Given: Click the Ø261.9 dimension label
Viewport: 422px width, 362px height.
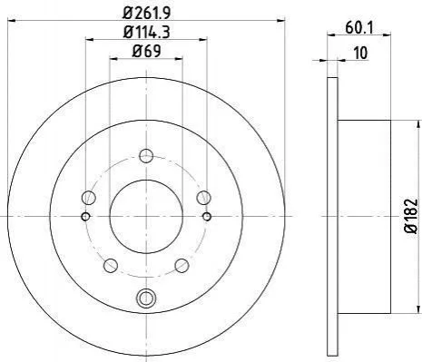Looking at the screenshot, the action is coord(147,13).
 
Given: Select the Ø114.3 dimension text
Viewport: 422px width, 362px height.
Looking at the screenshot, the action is coord(146,32).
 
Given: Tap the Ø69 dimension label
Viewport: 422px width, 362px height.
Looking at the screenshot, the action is coord(146,51).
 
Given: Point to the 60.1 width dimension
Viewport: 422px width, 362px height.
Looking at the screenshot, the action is coord(359,28).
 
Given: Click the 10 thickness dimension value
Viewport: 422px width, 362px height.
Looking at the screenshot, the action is coord(360,53).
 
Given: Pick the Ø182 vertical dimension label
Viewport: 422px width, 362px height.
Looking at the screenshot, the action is coord(411,216).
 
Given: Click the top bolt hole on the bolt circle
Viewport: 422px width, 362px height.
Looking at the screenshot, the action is coord(146,156).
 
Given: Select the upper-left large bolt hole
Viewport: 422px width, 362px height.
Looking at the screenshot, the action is coord(89,198).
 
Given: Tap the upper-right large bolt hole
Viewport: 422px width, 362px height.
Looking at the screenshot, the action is coord(203,198).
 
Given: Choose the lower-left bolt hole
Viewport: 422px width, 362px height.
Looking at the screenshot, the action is coord(111,265).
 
